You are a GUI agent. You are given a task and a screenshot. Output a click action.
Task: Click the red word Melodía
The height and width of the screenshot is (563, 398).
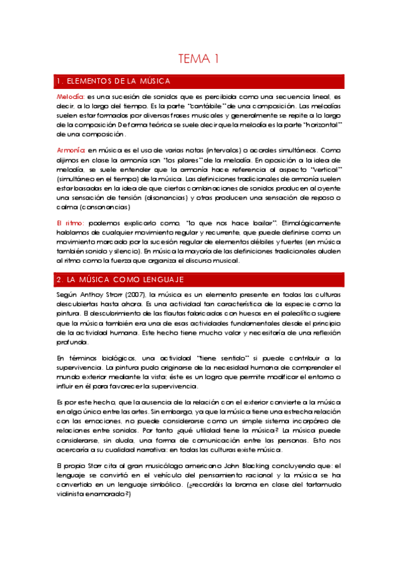pos(70,97)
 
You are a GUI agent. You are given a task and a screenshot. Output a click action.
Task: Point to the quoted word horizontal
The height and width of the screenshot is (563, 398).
pos(321,124)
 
